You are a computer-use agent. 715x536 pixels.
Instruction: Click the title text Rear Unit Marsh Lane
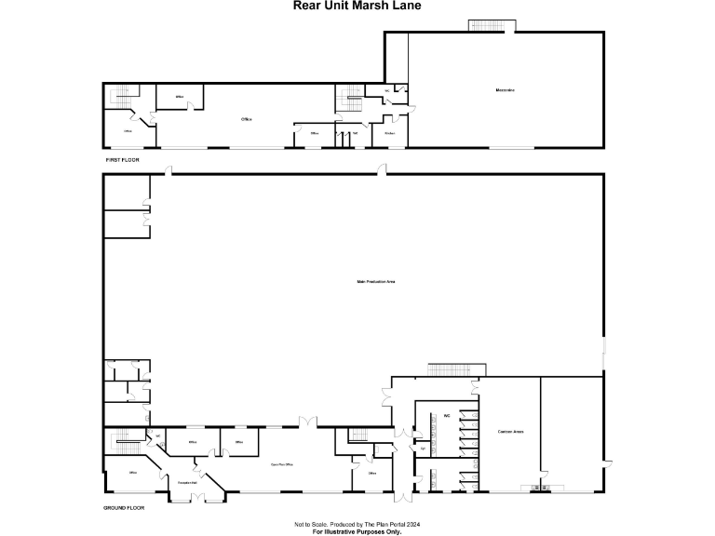click(357, 6)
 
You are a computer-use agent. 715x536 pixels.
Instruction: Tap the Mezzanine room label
click(506, 89)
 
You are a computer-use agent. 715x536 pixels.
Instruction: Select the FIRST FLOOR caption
click(122, 161)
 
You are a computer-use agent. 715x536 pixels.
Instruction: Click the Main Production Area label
click(376, 281)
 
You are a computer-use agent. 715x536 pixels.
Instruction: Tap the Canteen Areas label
click(510, 431)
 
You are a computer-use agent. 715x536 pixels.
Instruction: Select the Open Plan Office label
click(282, 463)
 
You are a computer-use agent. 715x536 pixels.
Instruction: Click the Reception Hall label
click(187, 482)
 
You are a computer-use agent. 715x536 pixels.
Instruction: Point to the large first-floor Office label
click(247, 119)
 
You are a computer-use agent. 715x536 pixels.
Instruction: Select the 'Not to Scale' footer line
click(357, 524)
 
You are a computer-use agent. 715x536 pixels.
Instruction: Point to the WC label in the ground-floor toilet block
click(447, 415)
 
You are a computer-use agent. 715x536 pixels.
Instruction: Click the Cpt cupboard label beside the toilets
click(423, 449)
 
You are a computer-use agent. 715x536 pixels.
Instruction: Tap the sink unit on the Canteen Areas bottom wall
click(539, 488)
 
